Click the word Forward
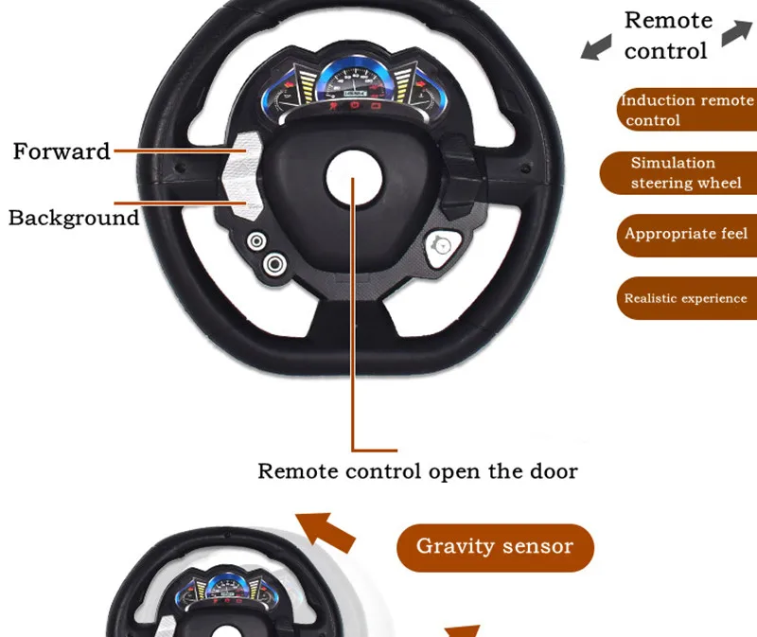(x=62, y=151)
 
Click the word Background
(x=74, y=218)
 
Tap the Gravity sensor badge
(x=495, y=548)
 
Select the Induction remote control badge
(x=687, y=110)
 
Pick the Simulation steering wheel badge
(x=678, y=173)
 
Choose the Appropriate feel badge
(x=687, y=235)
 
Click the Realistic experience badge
(x=687, y=298)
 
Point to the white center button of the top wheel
(x=354, y=178)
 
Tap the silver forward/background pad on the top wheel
(x=243, y=176)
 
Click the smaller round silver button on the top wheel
(x=256, y=241)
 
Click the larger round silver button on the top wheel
(x=274, y=264)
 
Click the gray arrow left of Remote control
(x=596, y=47)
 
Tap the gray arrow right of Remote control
(x=737, y=32)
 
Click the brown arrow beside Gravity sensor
(x=326, y=532)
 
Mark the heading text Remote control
(x=668, y=36)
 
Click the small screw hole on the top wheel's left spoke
(x=180, y=168)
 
